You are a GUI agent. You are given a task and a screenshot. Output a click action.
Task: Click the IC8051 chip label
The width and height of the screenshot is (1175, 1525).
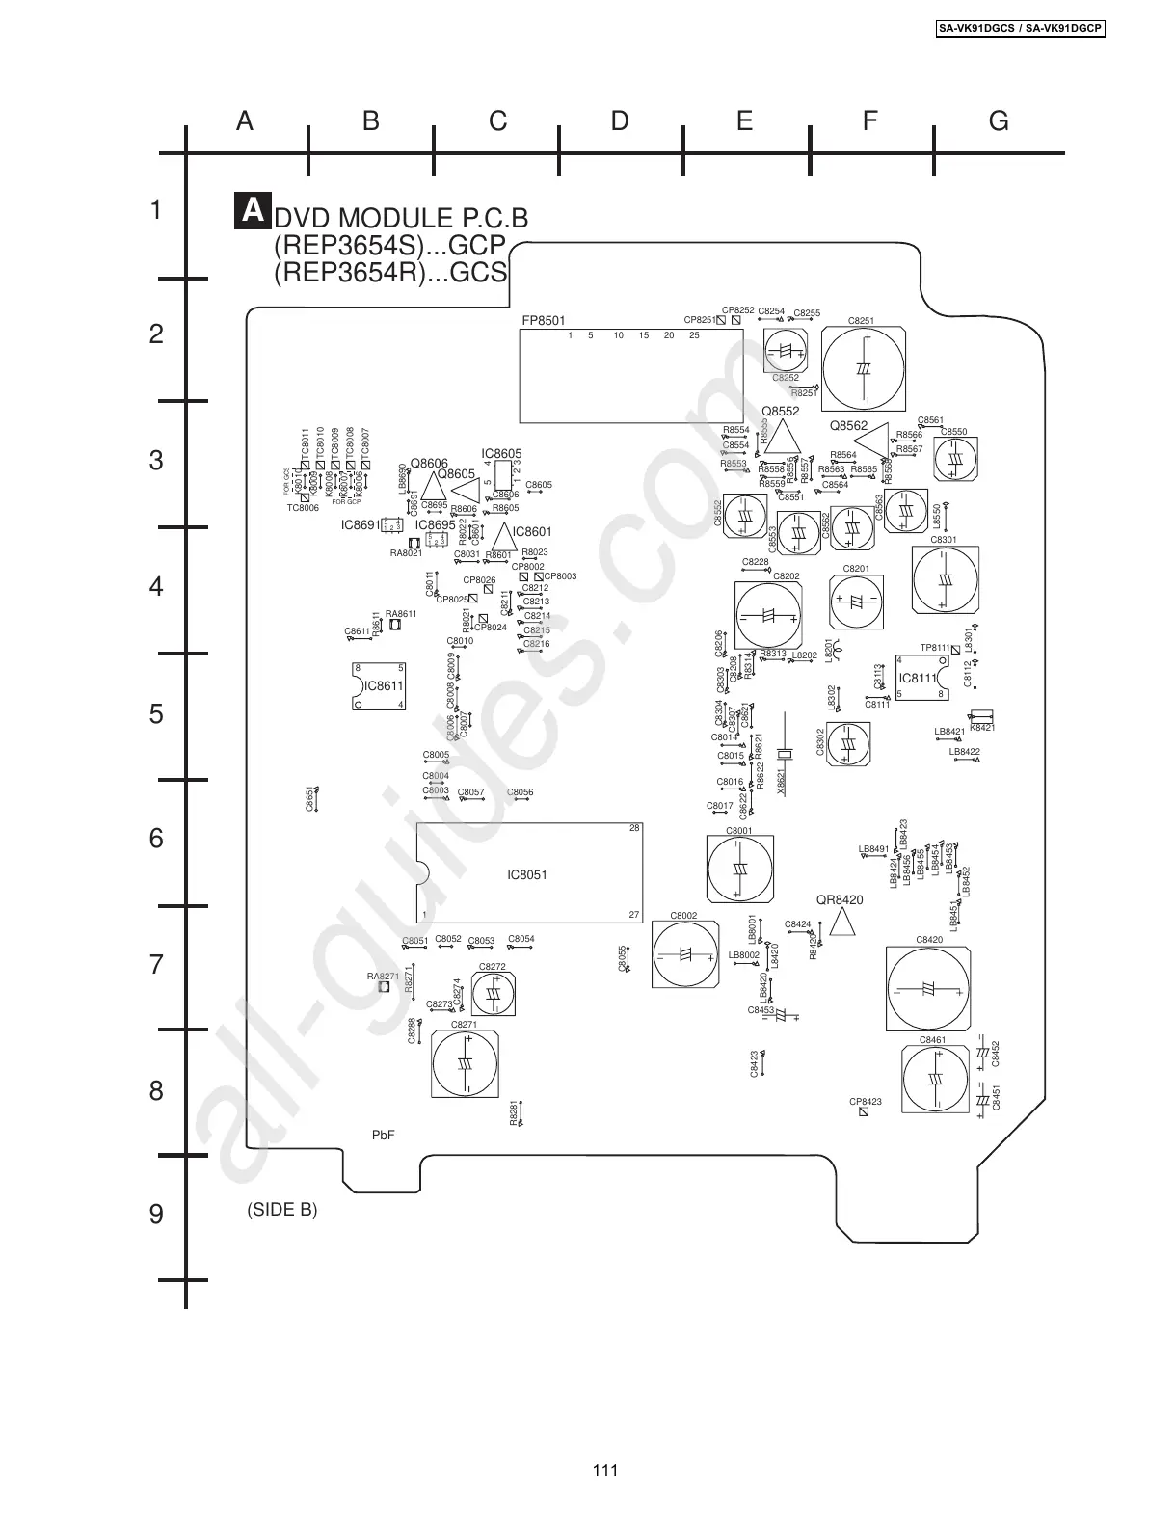(x=527, y=875)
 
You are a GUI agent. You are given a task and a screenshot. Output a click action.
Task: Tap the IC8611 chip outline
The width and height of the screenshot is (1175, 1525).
(x=378, y=686)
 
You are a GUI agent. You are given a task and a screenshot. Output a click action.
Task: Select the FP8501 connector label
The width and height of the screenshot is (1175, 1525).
(x=544, y=321)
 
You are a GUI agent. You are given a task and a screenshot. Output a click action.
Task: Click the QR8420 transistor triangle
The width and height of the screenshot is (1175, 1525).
(x=842, y=923)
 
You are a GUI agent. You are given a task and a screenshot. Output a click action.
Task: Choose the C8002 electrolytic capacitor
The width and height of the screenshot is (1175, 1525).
(x=685, y=954)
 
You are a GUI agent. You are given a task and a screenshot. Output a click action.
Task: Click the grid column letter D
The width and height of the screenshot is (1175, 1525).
(x=620, y=120)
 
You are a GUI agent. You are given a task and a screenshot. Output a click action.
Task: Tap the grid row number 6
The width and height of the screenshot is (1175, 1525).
(x=156, y=839)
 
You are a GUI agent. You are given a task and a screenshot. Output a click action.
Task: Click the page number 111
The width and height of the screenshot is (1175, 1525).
(x=604, y=1470)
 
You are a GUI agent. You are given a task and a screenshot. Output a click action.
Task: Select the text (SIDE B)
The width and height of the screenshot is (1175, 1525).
(x=282, y=1209)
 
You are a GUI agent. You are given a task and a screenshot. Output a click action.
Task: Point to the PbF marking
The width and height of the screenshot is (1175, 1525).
(x=384, y=1135)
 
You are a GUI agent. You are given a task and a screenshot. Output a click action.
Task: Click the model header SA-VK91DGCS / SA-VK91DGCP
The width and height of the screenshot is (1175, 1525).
(x=1021, y=29)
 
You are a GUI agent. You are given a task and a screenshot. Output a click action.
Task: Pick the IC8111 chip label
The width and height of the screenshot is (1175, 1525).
(x=918, y=678)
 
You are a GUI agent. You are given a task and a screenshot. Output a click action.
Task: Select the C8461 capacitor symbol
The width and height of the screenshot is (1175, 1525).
(x=935, y=1080)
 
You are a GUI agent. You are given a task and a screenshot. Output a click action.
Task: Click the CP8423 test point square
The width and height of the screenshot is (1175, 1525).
(x=864, y=1111)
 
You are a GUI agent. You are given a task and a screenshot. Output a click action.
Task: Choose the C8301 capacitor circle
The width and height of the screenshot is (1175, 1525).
(x=945, y=580)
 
